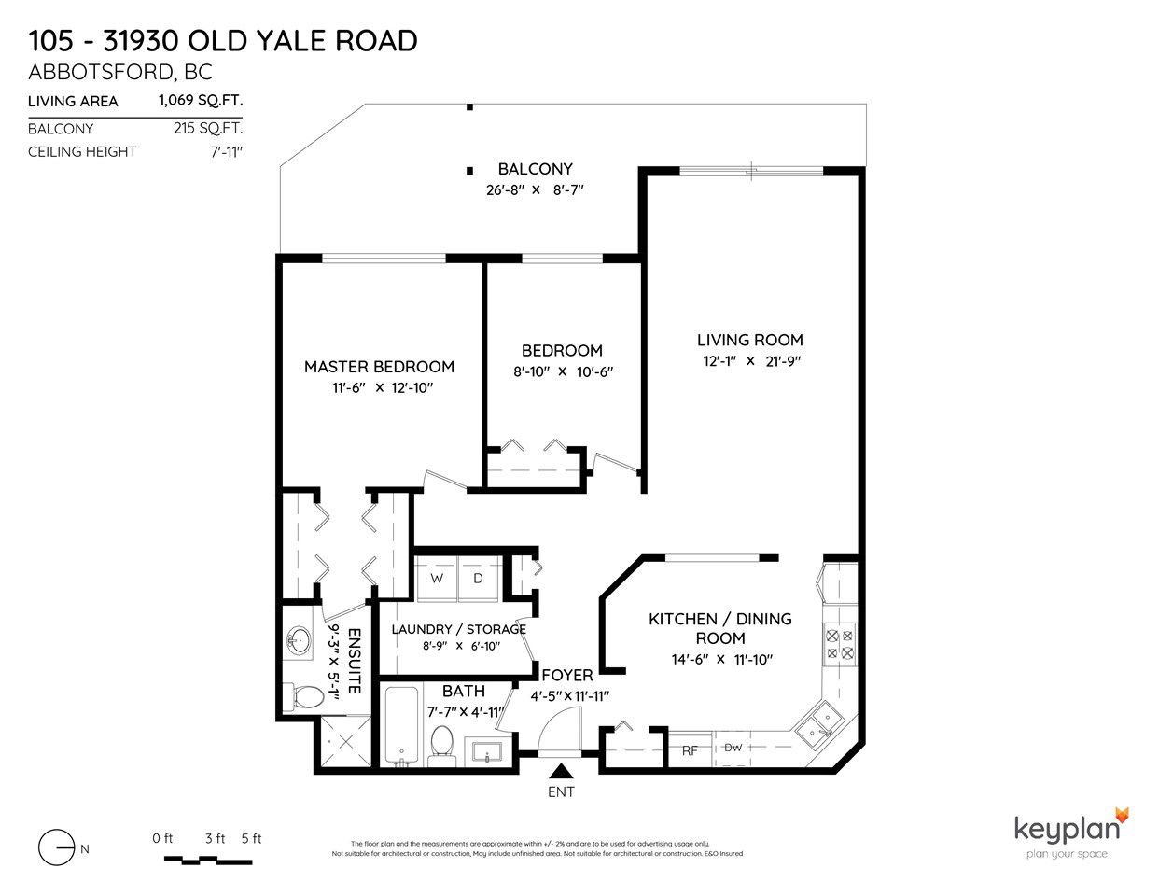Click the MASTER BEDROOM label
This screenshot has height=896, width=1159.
pyautogui.click(x=379, y=367)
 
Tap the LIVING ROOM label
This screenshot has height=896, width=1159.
pyautogui.click(x=749, y=340)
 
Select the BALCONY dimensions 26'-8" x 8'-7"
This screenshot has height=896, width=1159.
pyautogui.click(x=535, y=189)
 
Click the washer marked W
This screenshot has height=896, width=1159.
pyautogui.click(x=437, y=579)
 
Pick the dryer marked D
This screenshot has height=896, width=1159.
pyautogui.click(x=478, y=579)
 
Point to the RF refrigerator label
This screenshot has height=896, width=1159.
pyautogui.click(x=690, y=751)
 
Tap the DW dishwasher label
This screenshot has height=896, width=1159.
pyautogui.click(x=733, y=748)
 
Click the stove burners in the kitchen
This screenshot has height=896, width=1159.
pyautogui.click(x=840, y=644)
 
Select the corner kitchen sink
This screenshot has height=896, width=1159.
pyautogui.click(x=818, y=725)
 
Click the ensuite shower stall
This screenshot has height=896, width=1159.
pyautogui.click(x=345, y=742)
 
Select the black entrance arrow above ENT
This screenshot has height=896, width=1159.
pyautogui.click(x=561, y=771)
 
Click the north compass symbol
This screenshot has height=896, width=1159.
pyautogui.click(x=57, y=847)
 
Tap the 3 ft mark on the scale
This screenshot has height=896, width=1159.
pyautogui.click(x=215, y=838)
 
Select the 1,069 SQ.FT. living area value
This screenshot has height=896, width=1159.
pyautogui.click(x=201, y=100)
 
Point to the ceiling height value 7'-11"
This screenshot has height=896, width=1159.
pyautogui.click(x=226, y=152)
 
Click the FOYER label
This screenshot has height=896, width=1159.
pyautogui.click(x=567, y=675)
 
